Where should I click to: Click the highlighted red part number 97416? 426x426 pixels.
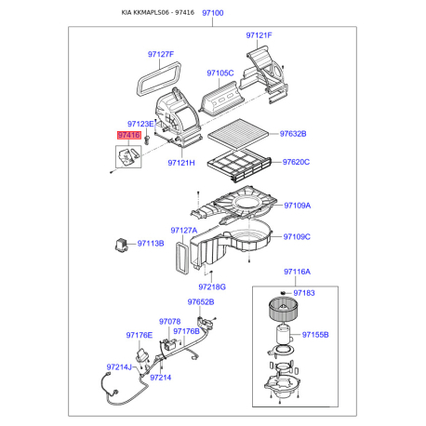[128, 135]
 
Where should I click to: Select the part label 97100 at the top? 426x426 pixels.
[213, 13]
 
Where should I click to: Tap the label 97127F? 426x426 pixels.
[161, 54]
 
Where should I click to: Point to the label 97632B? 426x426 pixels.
[293, 134]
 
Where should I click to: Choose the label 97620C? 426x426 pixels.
[296, 162]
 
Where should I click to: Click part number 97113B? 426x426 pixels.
[151, 244]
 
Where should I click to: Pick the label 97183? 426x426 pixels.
[304, 293]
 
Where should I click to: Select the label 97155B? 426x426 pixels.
[315, 335]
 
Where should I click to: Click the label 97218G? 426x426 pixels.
[212, 287]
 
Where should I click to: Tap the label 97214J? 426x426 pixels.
[119, 367]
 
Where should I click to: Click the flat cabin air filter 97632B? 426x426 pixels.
[238, 134]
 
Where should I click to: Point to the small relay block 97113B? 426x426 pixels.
[121, 245]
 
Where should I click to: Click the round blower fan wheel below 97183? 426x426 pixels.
[282, 310]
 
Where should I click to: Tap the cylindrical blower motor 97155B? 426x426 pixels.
[284, 334]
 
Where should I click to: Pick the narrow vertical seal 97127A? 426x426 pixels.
[182, 258]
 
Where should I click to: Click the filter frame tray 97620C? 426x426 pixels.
[239, 166]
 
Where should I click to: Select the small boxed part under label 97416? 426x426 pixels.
[128, 157]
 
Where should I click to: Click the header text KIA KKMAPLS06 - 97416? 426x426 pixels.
[158, 13]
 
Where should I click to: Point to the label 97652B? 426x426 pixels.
[201, 302]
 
